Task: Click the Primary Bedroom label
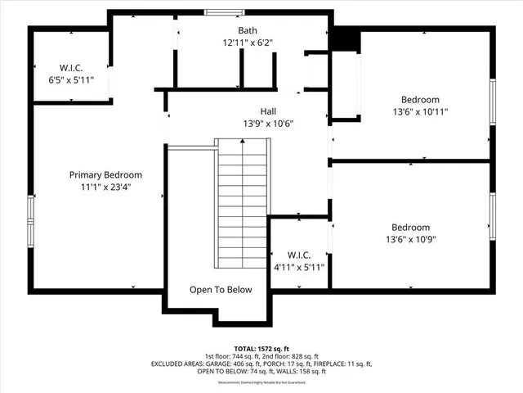(x=105, y=174)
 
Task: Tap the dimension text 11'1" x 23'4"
(x=105, y=187)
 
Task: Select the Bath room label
(x=247, y=29)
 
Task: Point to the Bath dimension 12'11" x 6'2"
(x=247, y=42)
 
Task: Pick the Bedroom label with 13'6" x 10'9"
(x=410, y=227)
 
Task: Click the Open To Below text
(x=221, y=290)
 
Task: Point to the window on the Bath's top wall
(x=217, y=11)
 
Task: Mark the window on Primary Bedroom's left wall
(x=30, y=221)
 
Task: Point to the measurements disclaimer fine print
(x=261, y=382)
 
